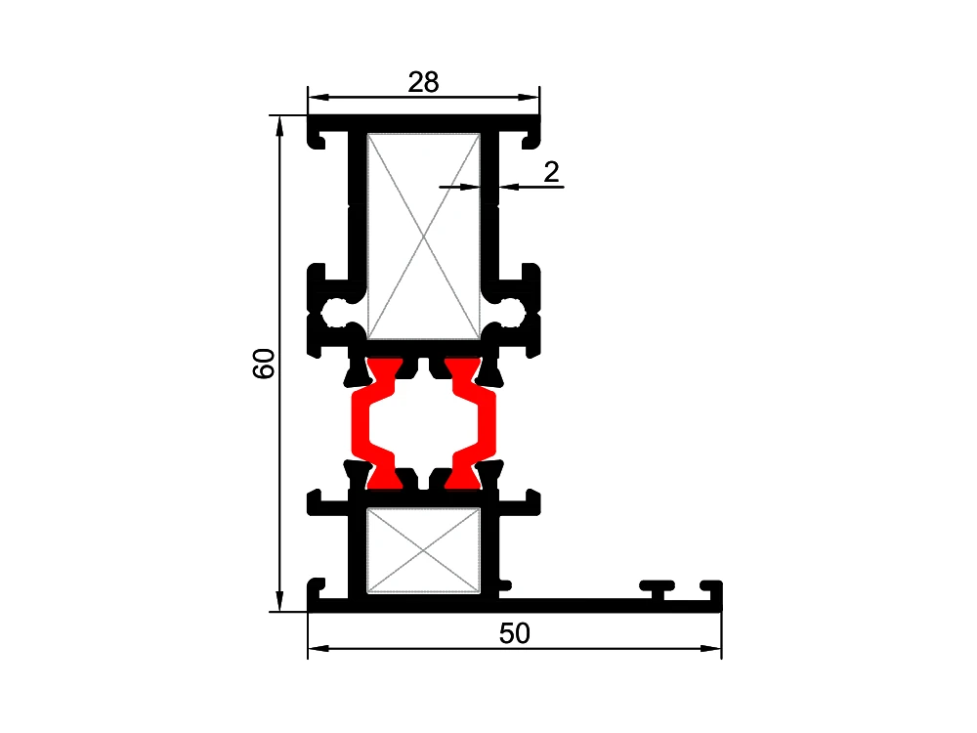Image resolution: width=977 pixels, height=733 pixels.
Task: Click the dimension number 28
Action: tap(424, 82)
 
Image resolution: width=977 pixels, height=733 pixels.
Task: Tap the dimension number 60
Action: tap(264, 364)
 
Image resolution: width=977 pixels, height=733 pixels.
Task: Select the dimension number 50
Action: tap(515, 633)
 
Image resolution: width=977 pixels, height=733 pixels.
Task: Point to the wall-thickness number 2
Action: tap(551, 172)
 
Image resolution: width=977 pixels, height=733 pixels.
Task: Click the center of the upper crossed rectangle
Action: tap(424, 237)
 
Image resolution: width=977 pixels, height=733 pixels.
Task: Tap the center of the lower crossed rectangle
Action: tap(424, 550)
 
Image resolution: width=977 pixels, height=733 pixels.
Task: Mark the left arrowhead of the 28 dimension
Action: tap(319, 97)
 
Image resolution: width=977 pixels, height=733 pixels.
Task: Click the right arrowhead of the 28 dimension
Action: tap(529, 97)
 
